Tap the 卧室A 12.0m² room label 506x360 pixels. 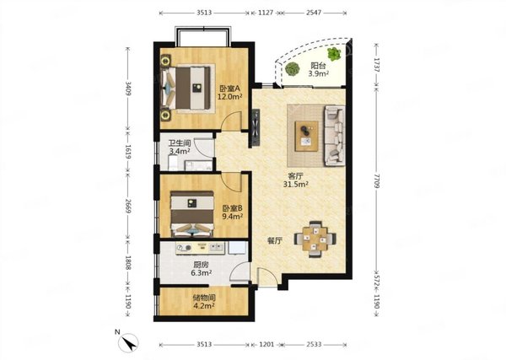229,92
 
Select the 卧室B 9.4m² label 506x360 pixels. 233,212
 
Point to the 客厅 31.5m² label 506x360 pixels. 296,180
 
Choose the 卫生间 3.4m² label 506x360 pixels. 180,147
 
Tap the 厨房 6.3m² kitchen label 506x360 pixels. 201,268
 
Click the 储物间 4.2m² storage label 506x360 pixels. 204,301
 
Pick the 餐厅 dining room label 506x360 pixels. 275,241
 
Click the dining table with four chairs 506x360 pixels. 315,239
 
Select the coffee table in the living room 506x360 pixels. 306,136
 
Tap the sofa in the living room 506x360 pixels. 335,136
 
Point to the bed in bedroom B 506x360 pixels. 192,214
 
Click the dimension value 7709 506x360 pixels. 377,180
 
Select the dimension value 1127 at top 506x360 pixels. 266,13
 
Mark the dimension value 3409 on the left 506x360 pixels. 128,89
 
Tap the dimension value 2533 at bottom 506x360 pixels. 314,345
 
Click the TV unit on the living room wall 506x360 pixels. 256,128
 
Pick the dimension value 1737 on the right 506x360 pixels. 377,66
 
